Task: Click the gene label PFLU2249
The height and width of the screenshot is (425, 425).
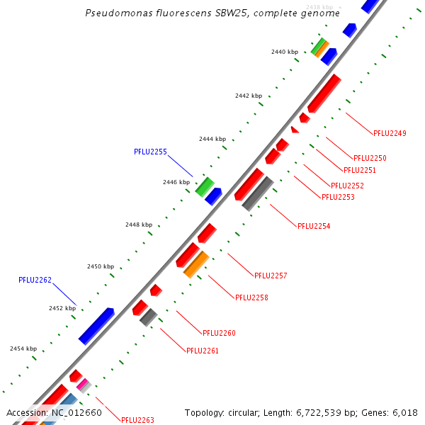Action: click(390, 133)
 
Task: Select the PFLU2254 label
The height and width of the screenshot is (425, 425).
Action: click(314, 226)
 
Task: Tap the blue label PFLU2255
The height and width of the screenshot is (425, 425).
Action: click(150, 152)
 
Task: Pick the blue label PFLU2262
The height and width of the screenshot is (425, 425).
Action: click(35, 280)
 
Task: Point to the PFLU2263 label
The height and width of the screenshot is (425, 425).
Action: click(137, 420)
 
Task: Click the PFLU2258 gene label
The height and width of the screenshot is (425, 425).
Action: click(251, 297)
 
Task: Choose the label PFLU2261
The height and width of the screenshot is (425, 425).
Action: click(203, 351)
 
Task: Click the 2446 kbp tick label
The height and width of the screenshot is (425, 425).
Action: click(176, 182)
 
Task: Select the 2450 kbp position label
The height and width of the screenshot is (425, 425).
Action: click(101, 266)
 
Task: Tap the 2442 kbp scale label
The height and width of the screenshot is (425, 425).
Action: click(249, 96)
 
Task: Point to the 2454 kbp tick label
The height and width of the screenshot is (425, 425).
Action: click(23, 348)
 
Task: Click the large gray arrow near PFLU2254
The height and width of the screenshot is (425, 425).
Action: click(258, 193)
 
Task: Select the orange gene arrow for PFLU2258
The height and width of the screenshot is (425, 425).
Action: click(196, 263)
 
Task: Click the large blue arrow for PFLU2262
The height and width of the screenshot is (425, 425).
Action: click(96, 326)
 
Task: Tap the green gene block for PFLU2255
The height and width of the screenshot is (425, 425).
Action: click(204, 186)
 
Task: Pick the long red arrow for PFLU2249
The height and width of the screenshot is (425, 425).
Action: click(325, 93)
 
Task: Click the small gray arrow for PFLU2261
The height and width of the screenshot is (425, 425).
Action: click(148, 317)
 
